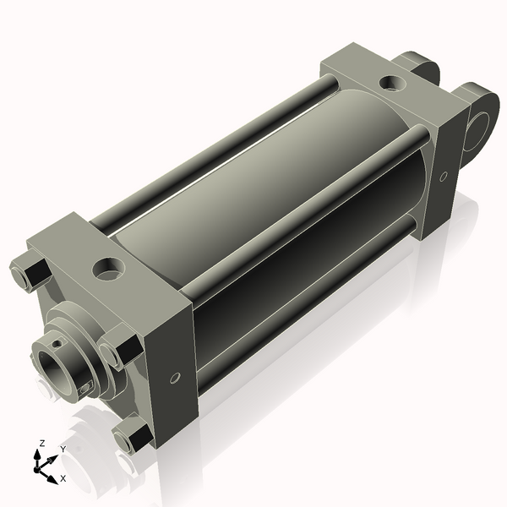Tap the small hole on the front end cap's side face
175,378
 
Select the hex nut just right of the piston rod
117,352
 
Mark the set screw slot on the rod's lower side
85,387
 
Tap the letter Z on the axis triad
41,443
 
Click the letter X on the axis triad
63,479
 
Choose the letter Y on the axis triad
63,449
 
